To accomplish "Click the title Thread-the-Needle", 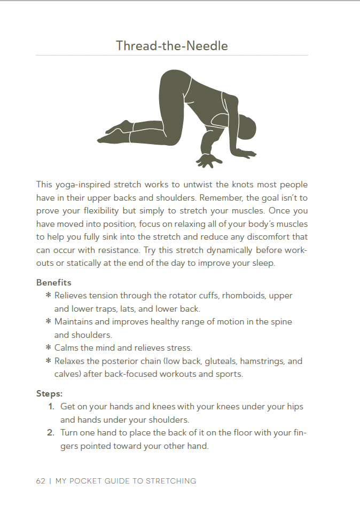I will tap(171, 46).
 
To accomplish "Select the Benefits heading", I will tap(53, 282).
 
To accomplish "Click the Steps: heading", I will tap(50, 393).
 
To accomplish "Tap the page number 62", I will tap(41, 481).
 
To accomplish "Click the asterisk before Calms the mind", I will tap(48, 348).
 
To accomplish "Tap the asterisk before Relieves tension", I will tap(48, 296).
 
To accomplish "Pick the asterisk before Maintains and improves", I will tap(48, 322).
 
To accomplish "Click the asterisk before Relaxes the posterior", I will tap(48, 361).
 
